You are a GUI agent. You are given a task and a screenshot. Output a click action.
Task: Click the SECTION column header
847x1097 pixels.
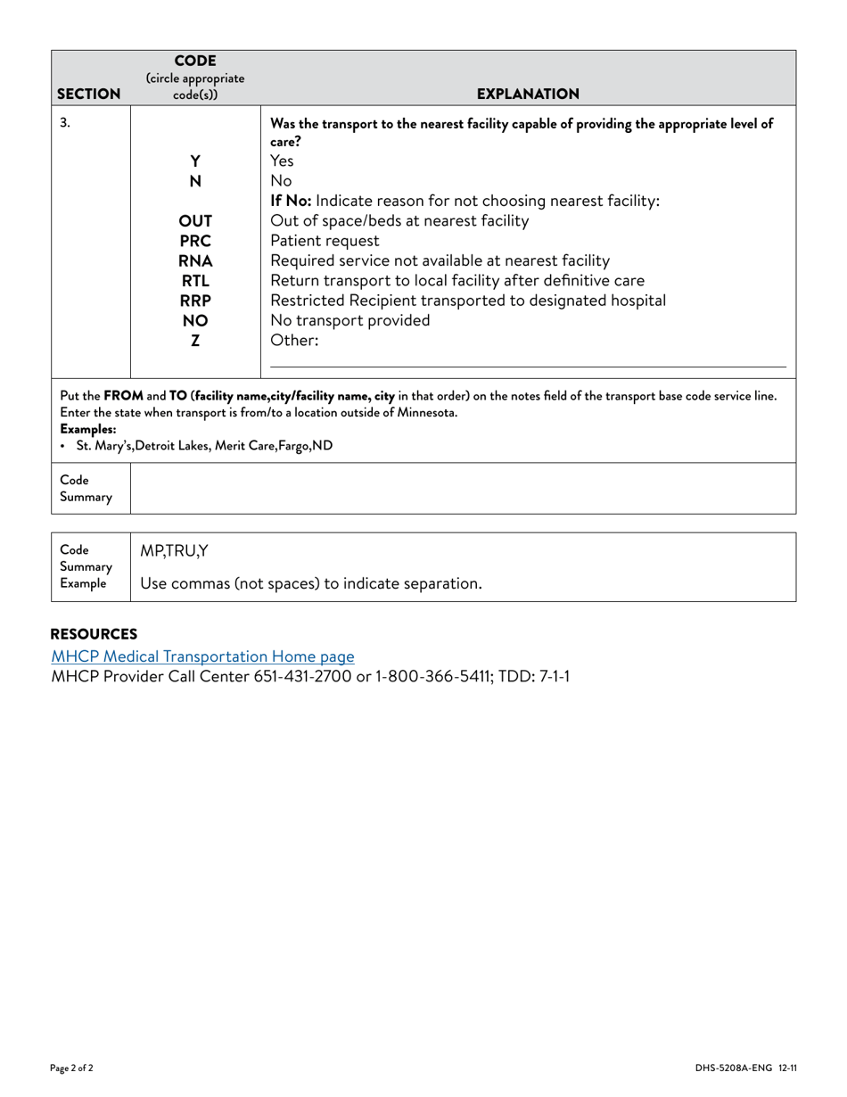tap(88, 94)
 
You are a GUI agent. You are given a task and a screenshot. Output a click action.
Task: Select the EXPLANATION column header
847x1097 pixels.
tap(528, 94)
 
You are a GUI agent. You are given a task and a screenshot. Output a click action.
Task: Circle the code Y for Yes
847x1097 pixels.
tap(195, 161)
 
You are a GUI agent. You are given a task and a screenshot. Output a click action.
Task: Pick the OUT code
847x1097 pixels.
tap(195, 221)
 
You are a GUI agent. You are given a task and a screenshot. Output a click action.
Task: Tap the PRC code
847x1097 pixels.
tap(195, 241)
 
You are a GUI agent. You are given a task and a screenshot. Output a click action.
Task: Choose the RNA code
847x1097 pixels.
tap(195, 260)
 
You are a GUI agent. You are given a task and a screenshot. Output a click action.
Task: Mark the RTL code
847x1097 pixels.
tap(195, 281)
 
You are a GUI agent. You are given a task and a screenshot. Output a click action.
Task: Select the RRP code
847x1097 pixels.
tap(195, 301)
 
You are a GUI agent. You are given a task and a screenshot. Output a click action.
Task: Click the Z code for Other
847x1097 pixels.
tap(195, 341)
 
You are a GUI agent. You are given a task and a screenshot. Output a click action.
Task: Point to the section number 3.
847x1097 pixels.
tap(65, 123)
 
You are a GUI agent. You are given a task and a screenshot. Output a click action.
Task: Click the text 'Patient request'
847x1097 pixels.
tap(325, 241)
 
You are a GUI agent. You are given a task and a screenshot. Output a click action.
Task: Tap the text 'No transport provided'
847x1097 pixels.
tap(349, 320)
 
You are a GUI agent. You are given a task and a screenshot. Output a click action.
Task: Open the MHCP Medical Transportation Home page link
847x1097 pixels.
tap(202, 656)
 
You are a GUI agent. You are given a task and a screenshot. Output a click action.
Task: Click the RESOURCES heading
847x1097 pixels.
tap(94, 634)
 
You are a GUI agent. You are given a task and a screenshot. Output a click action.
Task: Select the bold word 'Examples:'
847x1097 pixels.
tap(87, 429)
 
